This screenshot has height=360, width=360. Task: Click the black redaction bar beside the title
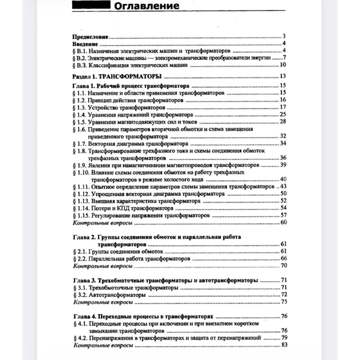tap(89, 5)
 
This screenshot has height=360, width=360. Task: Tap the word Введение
tap(84, 44)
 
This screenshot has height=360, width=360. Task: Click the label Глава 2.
tap(84, 237)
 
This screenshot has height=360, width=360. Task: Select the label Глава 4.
tap(84, 316)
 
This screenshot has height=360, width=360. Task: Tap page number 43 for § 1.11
tap(283, 186)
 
